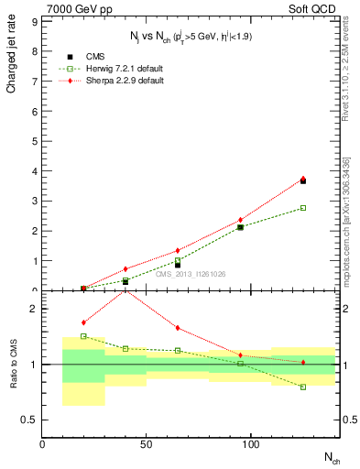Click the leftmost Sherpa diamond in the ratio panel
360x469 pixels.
click(83, 322)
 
